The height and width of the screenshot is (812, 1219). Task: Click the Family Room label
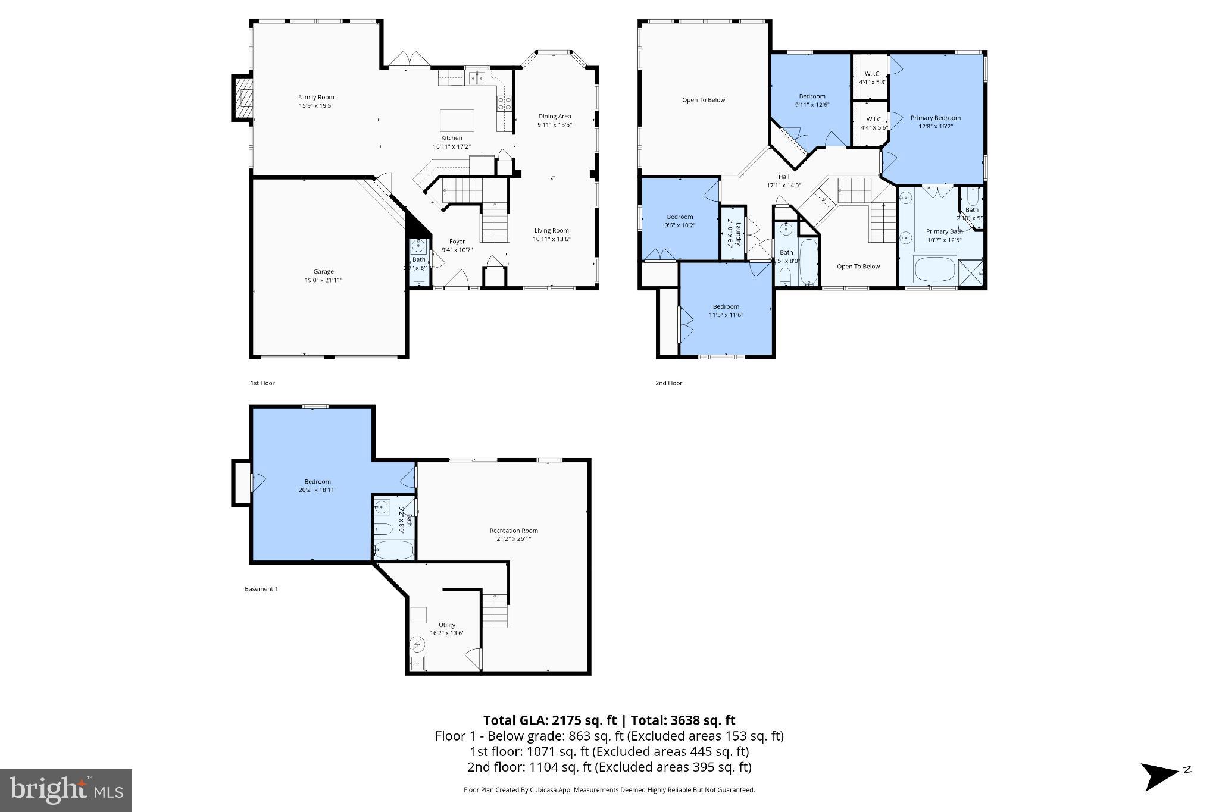[x=316, y=98]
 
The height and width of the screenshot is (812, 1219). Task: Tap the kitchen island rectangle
[x=457, y=120]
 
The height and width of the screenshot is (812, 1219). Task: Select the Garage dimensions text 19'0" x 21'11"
[x=323, y=280]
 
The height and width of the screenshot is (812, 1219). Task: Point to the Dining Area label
[x=554, y=117]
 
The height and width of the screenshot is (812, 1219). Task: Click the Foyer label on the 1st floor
[x=457, y=242]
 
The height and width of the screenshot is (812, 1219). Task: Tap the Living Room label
[x=551, y=231]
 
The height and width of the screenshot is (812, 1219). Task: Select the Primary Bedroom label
[x=935, y=118]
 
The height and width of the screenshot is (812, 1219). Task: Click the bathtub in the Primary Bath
[x=935, y=269]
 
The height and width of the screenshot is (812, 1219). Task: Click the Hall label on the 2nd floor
[x=783, y=177]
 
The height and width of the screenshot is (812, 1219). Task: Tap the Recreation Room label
[x=513, y=531]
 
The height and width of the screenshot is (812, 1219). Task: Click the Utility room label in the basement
[x=446, y=625]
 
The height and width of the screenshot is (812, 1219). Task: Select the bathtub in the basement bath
[x=393, y=550]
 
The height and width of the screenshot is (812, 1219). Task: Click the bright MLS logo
[x=66, y=790]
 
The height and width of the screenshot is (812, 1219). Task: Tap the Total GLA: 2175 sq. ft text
[x=549, y=720]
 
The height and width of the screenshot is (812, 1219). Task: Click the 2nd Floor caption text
[x=668, y=383]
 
